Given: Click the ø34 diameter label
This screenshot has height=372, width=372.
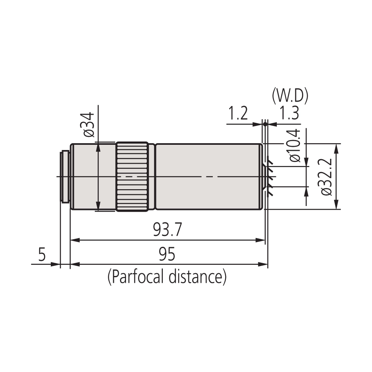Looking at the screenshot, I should tap(89, 124).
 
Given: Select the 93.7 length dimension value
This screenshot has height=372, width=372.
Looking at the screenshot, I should tap(168, 230).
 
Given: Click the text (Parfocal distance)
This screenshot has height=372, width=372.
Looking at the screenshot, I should tap(167, 276).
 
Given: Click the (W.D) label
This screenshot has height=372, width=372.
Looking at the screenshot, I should tap(290, 96).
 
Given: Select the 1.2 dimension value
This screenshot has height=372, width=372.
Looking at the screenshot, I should tap(238, 114).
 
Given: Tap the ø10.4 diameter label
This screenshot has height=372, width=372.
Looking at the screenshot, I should tap(294, 146).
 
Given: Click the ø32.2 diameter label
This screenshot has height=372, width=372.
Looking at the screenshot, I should tap(326, 176).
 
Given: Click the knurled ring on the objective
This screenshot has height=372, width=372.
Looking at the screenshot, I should tap(132, 176).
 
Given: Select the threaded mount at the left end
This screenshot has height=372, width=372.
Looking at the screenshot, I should tap(64, 176).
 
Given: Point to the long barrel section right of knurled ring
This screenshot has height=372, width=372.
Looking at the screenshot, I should tap(208, 176).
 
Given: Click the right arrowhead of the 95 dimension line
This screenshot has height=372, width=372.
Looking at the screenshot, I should tap(265, 264).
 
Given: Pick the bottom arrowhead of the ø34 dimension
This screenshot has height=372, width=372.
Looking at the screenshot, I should tap(97, 207).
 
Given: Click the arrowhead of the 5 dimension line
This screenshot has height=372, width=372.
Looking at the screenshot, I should tap(57, 264).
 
